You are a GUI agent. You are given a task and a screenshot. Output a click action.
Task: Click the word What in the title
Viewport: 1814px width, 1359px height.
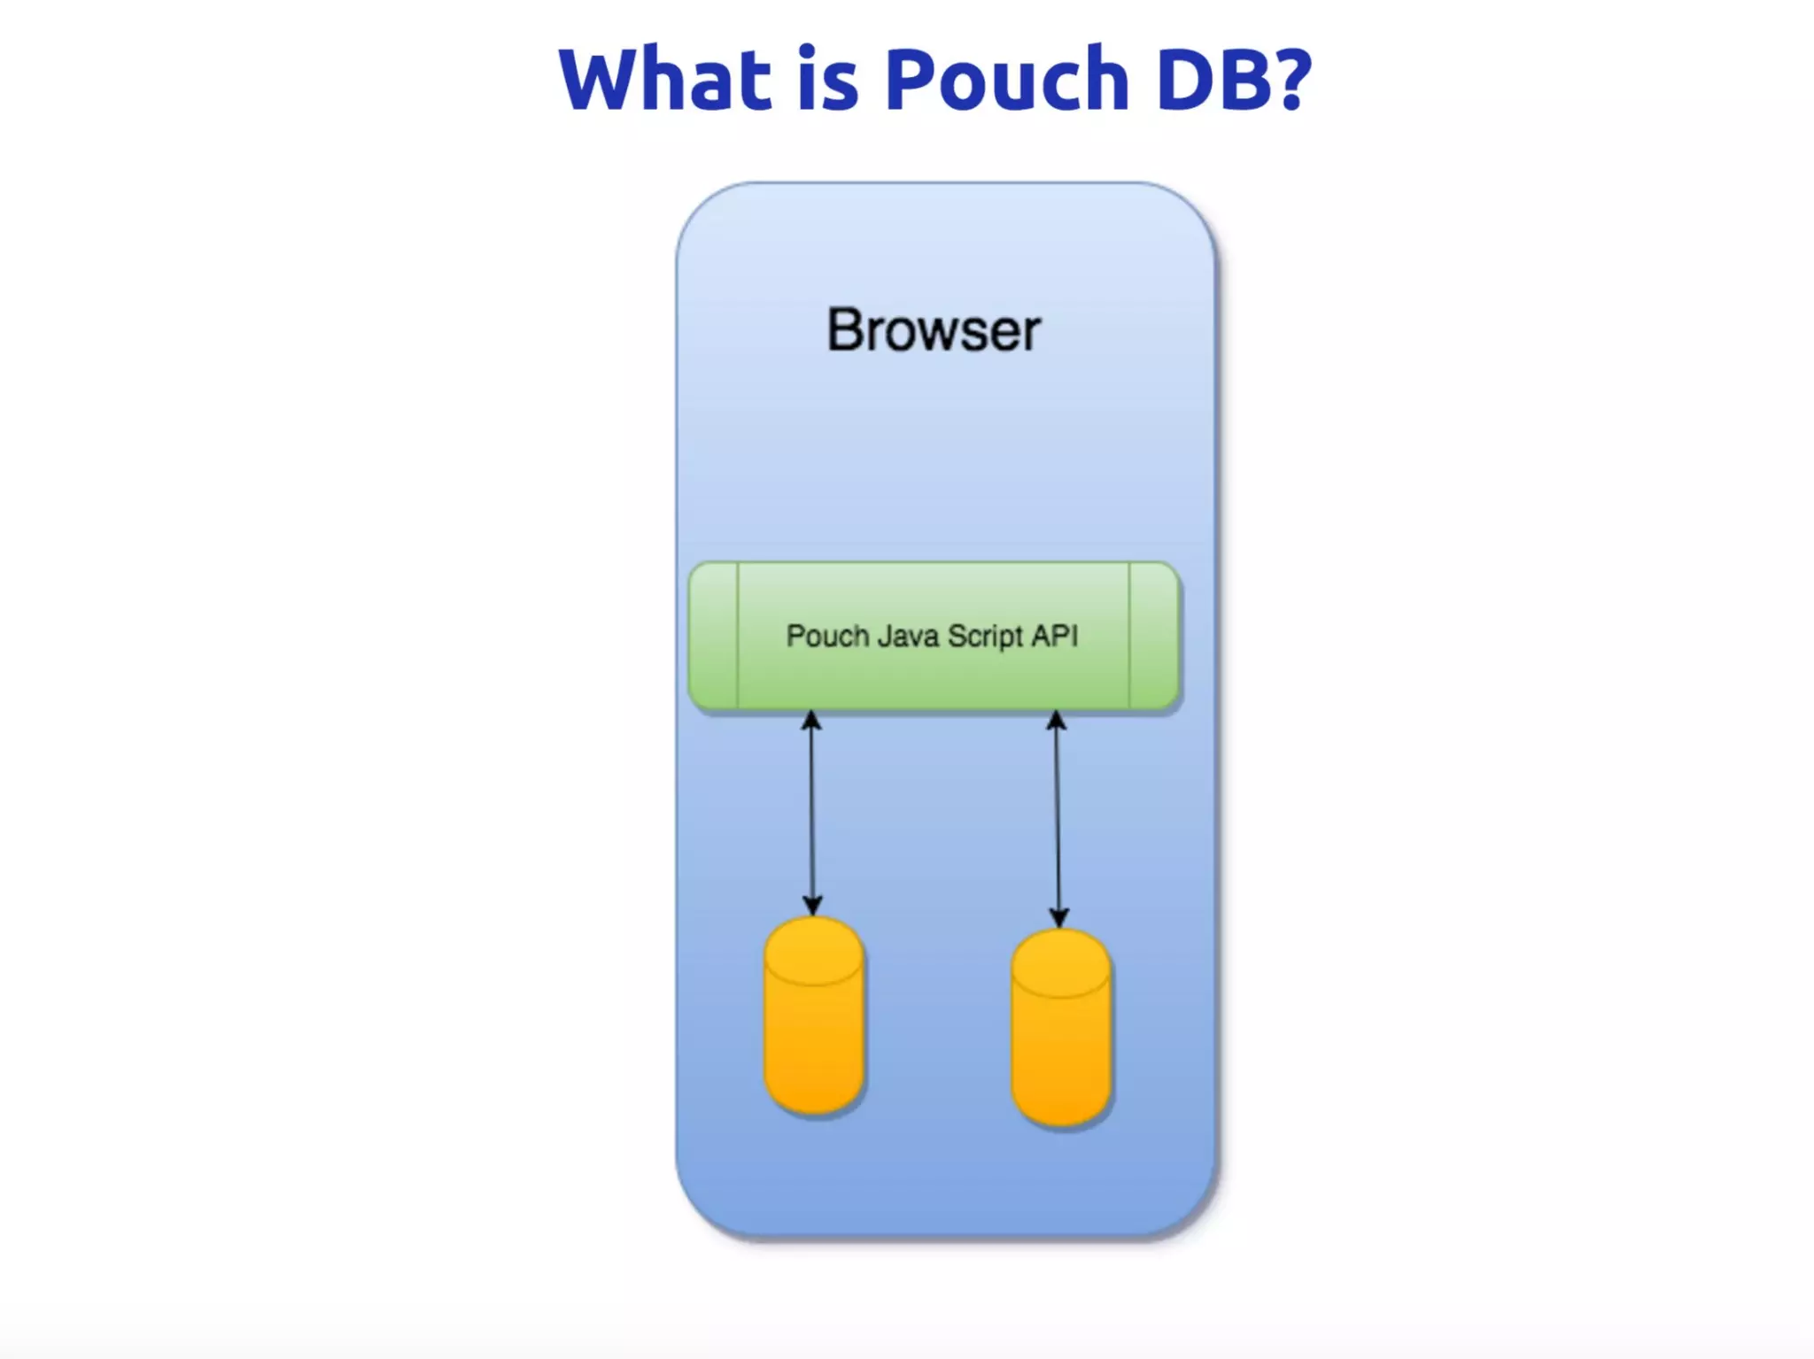pos(664,80)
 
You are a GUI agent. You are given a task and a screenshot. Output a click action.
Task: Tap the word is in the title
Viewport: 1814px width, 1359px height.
pos(827,80)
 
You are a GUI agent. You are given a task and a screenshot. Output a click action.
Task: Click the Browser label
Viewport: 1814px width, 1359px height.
pos(934,330)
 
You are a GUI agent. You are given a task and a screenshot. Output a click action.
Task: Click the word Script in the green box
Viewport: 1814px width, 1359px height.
pos(985,637)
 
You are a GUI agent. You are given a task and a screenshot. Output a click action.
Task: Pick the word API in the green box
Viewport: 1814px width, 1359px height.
pos(1054,637)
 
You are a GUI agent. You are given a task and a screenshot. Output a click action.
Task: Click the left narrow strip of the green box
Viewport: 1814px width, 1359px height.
pos(714,636)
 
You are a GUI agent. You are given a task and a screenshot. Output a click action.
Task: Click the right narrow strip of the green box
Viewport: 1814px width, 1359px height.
pos(1153,636)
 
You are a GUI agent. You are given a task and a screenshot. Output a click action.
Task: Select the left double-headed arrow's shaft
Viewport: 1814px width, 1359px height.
pos(811,815)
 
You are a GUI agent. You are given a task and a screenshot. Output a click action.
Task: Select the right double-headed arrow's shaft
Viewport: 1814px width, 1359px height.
pos(1057,819)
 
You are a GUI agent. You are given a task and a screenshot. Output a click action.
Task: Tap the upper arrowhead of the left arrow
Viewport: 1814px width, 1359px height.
pos(810,721)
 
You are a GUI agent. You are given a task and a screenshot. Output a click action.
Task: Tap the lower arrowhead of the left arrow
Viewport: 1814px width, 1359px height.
pos(812,906)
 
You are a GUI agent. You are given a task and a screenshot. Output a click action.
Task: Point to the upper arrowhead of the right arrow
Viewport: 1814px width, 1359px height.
pos(1056,721)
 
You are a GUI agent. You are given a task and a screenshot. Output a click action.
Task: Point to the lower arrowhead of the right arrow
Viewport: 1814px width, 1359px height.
pos(1058,917)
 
